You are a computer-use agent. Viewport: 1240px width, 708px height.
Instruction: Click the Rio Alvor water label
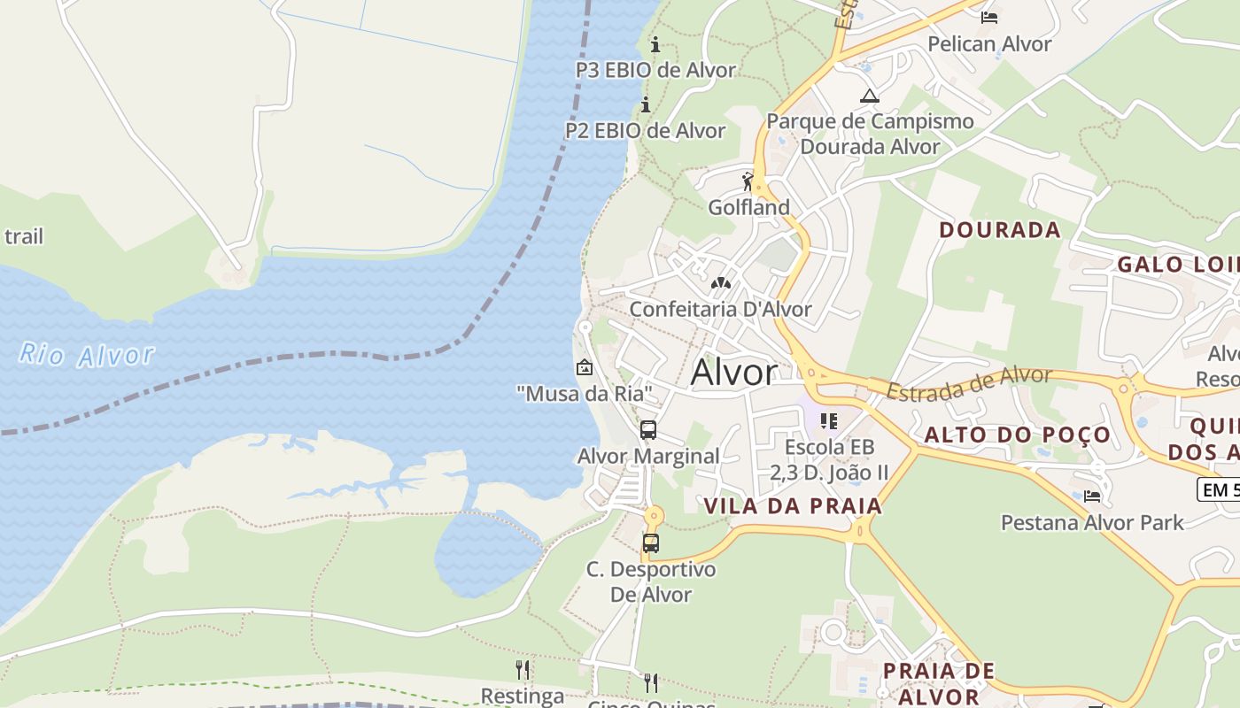click(x=87, y=356)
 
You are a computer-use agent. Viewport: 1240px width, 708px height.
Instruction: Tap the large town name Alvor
click(x=733, y=373)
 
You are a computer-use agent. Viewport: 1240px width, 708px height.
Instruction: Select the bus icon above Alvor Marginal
click(x=648, y=431)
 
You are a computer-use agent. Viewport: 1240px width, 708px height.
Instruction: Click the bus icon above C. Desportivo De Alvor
click(x=651, y=543)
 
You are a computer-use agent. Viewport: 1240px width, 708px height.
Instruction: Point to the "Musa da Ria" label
click(x=585, y=393)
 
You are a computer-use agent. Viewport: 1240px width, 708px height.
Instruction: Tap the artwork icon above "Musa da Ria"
click(x=585, y=367)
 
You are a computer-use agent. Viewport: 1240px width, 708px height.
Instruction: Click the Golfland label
click(x=748, y=208)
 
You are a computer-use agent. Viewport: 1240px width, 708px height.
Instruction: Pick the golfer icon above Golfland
click(x=748, y=182)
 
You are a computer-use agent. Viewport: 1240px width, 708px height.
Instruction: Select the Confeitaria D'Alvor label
click(x=720, y=310)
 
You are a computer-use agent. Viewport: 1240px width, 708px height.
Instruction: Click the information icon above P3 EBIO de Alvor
click(x=655, y=44)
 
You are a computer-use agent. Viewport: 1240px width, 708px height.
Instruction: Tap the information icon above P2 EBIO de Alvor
click(x=646, y=105)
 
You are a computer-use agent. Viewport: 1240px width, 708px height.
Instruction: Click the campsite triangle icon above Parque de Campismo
click(x=870, y=96)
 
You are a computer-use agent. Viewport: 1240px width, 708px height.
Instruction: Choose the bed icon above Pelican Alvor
click(x=989, y=17)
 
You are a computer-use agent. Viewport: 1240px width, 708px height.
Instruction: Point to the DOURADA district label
click(x=999, y=231)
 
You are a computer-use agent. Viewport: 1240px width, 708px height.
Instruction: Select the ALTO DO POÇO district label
click(x=1017, y=435)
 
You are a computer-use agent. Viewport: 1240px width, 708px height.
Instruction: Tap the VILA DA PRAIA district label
click(x=793, y=506)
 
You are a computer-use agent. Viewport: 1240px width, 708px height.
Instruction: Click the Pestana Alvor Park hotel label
click(x=1092, y=523)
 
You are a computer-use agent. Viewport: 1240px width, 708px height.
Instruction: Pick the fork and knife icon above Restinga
click(x=523, y=669)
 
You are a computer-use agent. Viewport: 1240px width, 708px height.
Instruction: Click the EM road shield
click(x=1219, y=489)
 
